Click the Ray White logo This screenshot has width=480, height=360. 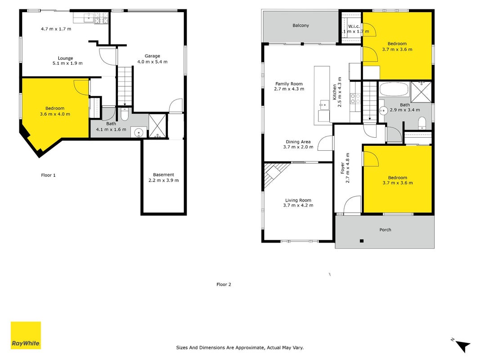(26, 335)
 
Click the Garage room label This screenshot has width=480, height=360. (153, 56)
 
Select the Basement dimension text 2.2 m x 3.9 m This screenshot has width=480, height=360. (163, 180)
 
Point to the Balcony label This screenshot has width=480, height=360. (301, 25)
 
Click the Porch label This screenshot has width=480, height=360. (385, 229)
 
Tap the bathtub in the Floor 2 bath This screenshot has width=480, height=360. (394, 90)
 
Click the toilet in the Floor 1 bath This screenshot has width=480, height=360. (125, 115)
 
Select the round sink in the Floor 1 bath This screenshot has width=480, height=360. (139, 133)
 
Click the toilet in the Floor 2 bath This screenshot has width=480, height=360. (422, 123)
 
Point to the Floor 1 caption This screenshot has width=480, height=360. (49, 175)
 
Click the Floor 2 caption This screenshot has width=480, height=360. (224, 284)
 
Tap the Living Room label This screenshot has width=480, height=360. (298, 200)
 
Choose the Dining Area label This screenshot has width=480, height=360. (298, 142)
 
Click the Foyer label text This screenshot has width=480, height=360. (343, 168)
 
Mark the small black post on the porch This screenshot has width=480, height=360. (362, 241)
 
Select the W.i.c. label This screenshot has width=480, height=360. (354, 27)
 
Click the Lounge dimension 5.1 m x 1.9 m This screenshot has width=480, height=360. (67, 63)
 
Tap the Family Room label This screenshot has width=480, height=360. (289, 84)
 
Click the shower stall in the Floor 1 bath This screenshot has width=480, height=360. (157, 126)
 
